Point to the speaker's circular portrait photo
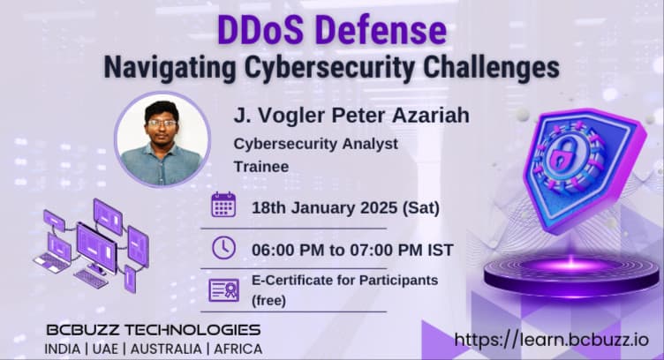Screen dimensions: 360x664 coord(162,139)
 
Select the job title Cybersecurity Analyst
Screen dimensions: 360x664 coord(315,143)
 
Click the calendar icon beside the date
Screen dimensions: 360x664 coord(223,205)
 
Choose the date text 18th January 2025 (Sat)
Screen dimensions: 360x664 coord(334,207)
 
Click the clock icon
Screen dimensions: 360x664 coord(223,248)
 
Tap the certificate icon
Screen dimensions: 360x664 coord(223,289)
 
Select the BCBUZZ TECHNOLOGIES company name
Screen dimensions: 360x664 coord(154,330)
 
